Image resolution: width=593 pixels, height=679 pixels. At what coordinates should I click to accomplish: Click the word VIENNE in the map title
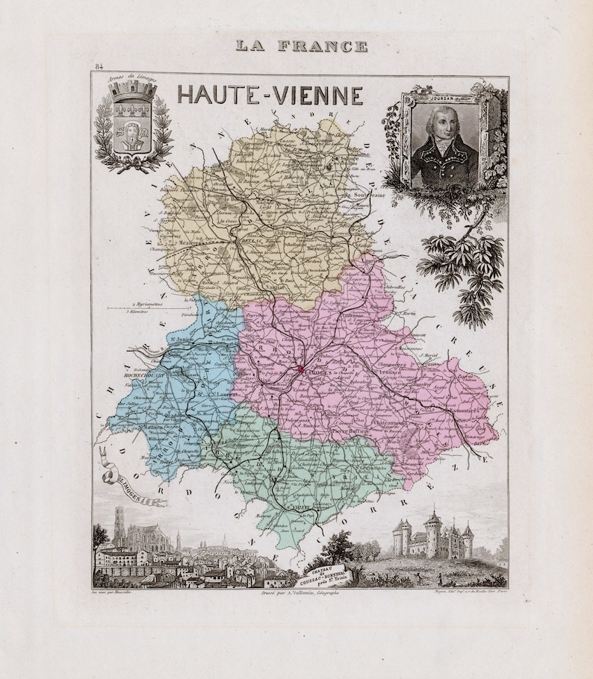click(317, 96)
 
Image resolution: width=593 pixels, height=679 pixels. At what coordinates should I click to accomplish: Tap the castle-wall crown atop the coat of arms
click(132, 90)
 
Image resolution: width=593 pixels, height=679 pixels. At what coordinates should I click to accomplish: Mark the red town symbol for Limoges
click(300, 368)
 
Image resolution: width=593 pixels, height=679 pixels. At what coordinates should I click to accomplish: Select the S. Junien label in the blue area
click(181, 342)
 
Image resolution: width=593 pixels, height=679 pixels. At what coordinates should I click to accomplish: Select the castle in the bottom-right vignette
click(432, 534)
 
